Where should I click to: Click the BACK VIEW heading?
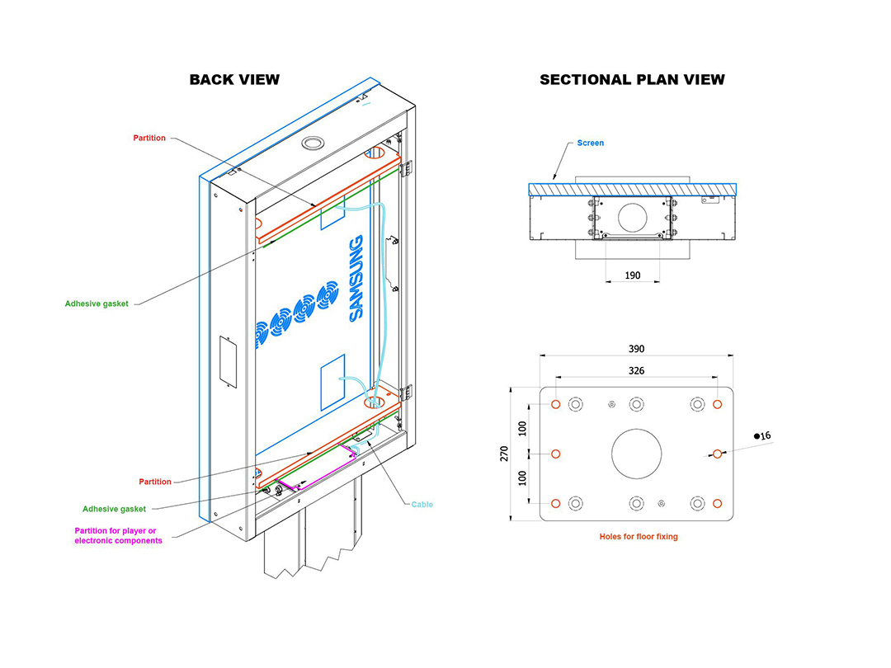(234, 79)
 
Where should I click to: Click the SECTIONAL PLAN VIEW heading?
(632, 79)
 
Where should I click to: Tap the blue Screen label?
(591, 143)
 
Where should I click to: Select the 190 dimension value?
(633, 275)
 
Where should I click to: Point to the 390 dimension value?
(636, 349)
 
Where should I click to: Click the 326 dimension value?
(636, 371)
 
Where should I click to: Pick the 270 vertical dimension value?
(504, 454)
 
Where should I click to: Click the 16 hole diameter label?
(762, 435)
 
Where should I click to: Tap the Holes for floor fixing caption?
(638, 537)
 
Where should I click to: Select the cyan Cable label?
(422, 505)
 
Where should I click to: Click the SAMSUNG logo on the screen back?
(356, 279)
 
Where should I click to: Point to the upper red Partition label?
(149, 138)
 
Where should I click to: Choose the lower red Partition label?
(155, 482)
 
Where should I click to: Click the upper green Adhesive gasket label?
(97, 303)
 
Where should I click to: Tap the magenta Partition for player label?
(118, 536)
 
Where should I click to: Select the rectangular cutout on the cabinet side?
(228, 362)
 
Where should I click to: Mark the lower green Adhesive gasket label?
(114, 509)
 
